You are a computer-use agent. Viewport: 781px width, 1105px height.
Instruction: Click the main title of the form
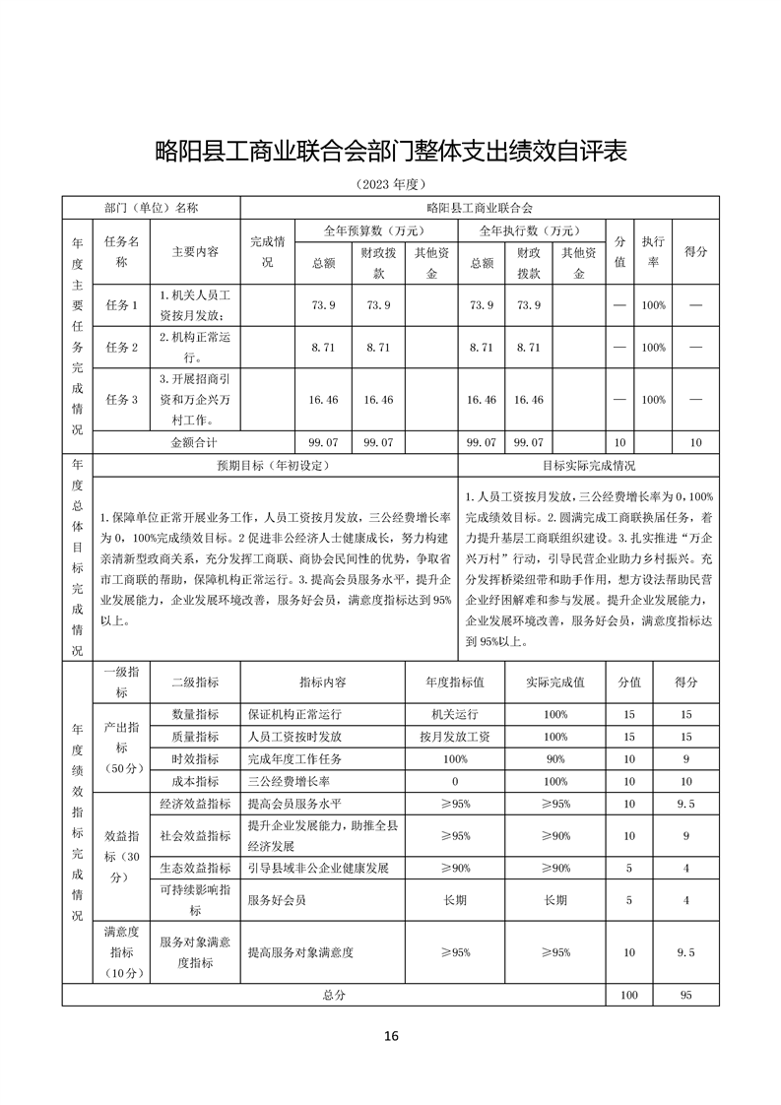pyautogui.click(x=391, y=152)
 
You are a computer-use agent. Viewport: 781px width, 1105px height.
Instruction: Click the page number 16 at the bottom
pyautogui.click(x=391, y=1035)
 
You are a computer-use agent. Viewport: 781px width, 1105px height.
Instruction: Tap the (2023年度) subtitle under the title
pyautogui.click(x=391, y=185)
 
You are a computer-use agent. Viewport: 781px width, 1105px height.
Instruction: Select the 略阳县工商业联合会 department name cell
pyautogui.click(x=480, y=209)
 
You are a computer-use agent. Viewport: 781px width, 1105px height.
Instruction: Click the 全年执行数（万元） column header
pyautogui.click(x=528, y=230)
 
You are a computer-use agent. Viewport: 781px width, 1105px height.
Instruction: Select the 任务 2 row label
pyautogui.click(x=121, y=348)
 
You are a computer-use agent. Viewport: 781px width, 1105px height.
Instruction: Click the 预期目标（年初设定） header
pyautogui.click(x=273, y=465)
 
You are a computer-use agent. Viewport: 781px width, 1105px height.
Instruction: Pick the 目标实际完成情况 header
pyautogui.click(x=588, y=465)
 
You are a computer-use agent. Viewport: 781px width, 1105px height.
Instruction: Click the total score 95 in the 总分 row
pyautogui.click(x=685, y=995)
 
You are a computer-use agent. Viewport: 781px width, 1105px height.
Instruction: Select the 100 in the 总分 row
pyautogui.click(x=628, y=995)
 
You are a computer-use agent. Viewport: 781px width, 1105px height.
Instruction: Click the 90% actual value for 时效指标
pyautogui.click(x=555, y=759)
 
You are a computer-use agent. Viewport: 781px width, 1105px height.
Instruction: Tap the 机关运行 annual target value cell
pyautogui.click(x=454, y=714)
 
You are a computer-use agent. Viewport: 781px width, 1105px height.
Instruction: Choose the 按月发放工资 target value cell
pyautogui.click(x=454, y=737)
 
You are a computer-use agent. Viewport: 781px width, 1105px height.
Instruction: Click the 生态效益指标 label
pyautogui.click(x=195, y=868)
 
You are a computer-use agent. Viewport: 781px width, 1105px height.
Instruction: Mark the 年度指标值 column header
pyautogui.click(x=454, y=682)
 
